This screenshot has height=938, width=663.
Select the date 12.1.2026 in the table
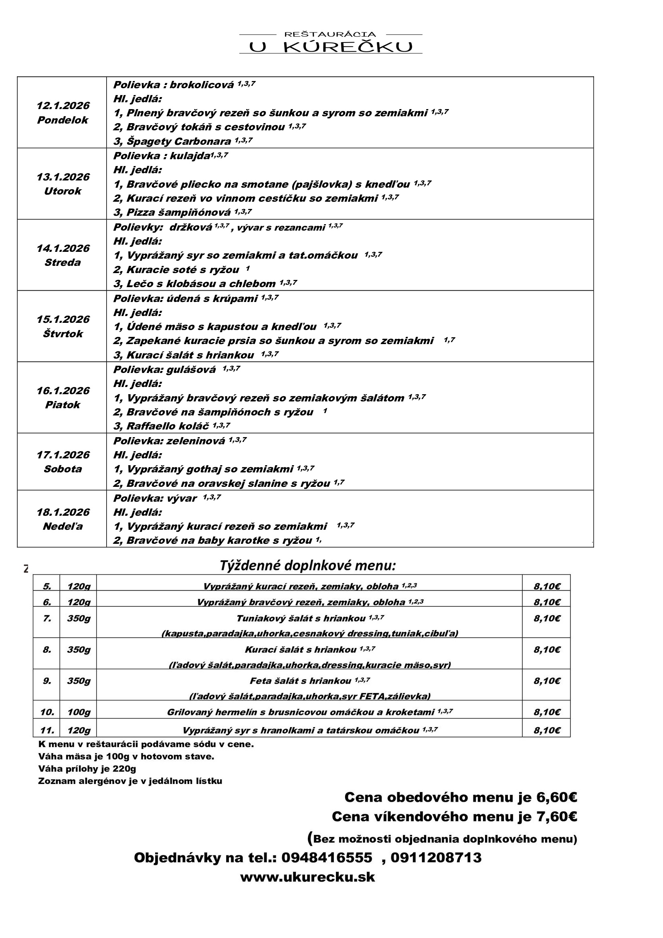[63, 106]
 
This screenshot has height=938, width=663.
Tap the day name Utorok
[63, 191]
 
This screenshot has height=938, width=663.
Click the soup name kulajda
[190, 156]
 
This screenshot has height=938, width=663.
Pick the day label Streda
[63, 262]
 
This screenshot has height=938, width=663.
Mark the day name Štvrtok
[63, 334]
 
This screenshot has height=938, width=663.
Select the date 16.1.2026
[63, 391]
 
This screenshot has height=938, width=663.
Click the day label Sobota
[63, 469]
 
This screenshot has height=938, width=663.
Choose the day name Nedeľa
[63, 526]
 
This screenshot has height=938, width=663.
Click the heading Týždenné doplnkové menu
[308, 566]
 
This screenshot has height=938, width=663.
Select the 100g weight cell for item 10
[79, 713]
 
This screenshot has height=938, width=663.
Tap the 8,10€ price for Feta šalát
[547, 681]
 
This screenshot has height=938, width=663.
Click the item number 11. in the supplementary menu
[47, 730]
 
